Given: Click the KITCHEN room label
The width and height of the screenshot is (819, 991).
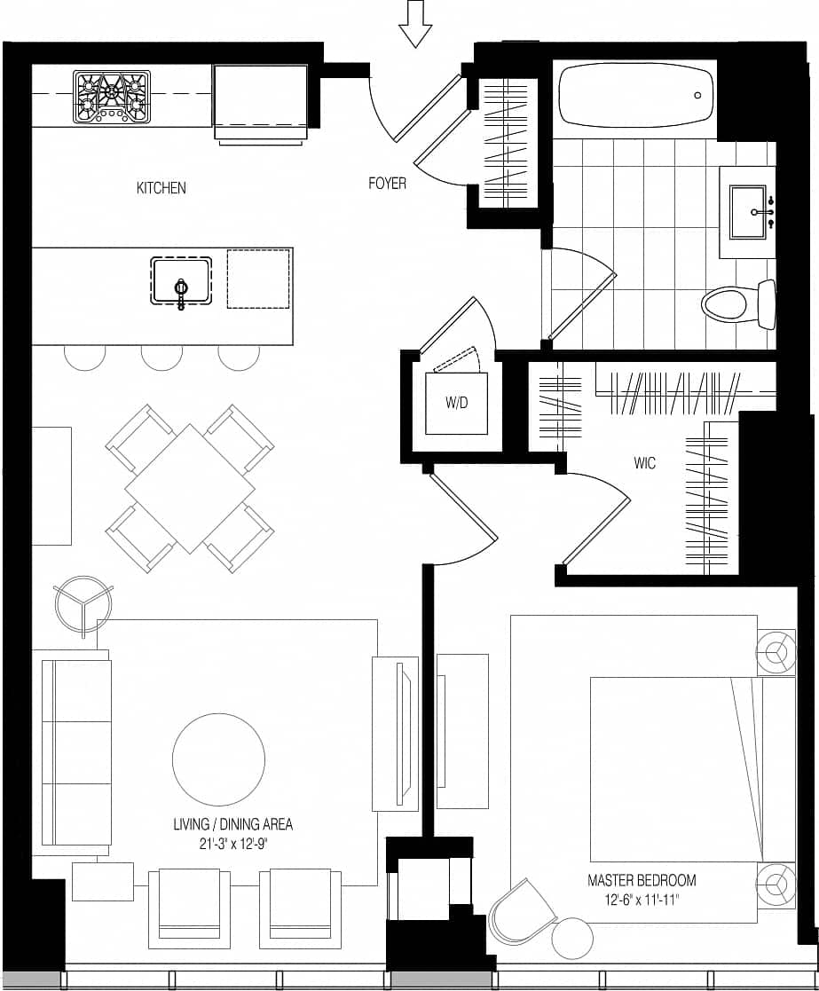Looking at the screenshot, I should click(x=161, y=188).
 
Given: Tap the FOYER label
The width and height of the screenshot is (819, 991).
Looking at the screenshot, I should click(x=387, y=184).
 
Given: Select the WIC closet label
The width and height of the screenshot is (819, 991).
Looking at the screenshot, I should click(x=644, y=463).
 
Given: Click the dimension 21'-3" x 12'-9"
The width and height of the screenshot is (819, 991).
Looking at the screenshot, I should click(x=232, y=844).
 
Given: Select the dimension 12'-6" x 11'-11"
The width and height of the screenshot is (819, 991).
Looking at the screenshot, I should click(x=641, y=900).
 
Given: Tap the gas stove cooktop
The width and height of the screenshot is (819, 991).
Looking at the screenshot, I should click(x=111, y=96).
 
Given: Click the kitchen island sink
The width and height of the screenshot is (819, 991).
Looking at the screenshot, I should click(x=181, y=281).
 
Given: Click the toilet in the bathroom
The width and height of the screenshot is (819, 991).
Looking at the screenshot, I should click(x=736, y=304).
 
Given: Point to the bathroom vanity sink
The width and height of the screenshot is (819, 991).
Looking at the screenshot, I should click(x=747, y=211).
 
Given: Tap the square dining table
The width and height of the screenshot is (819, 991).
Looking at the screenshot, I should click(x=190, y=488).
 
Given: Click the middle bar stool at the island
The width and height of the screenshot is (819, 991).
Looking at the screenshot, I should click(x=162, y=356).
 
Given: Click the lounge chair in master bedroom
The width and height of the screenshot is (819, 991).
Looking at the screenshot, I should click(x=523, y=911).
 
